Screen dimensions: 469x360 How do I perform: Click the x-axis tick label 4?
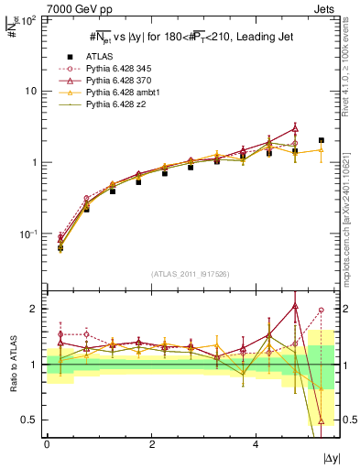click(255, 444)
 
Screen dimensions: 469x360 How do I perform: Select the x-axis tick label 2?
click(151, 444)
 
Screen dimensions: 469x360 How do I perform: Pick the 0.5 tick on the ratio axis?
click(30, 420)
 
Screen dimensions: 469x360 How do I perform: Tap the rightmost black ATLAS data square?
click(321, 140)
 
